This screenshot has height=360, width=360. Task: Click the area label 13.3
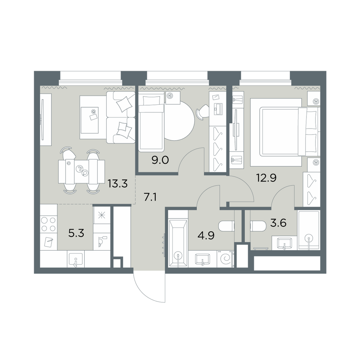click(118, 184)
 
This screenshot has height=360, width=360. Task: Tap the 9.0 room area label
click(160, 160)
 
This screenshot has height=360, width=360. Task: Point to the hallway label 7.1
click(150, 197)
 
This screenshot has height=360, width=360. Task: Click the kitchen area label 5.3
click(76, 233)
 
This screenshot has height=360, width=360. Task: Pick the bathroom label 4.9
click(206, 235)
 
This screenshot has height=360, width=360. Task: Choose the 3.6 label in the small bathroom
click(278, 223)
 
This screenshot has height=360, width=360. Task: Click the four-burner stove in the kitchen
click(49, 224)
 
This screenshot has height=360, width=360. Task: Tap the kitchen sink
click(76, 259)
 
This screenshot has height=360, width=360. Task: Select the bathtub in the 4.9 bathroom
click(178, 243)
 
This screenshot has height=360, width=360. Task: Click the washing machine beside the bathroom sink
click(225, 259)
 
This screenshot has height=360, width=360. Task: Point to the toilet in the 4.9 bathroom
click(226, 226)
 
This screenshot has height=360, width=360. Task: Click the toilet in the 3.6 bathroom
click(258, 226)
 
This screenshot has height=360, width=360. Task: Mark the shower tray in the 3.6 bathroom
click(309, 230)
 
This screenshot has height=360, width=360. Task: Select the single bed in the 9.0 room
click(151, 122)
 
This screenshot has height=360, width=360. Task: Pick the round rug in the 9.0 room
click(180, 121)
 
